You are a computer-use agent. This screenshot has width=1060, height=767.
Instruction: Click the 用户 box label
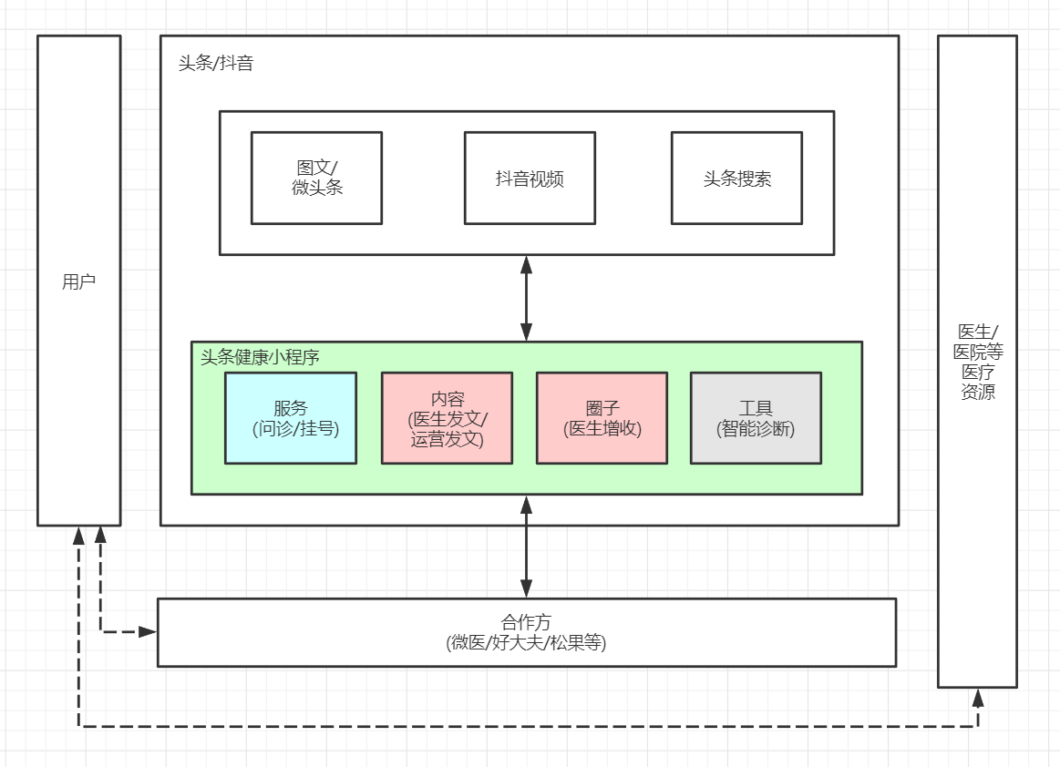coord(78,282)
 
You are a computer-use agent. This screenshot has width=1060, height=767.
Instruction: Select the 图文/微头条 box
coord(316,178)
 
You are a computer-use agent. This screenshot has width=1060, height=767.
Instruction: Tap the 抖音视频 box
coord(530,179)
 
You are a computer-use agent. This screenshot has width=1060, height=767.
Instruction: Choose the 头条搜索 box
coord(736,179)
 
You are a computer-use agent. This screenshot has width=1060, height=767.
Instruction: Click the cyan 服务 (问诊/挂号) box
coord(291,418)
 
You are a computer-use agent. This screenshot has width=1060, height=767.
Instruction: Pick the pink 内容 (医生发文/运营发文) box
coord(447,418)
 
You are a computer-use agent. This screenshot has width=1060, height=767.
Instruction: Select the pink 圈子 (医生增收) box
coord(602,418)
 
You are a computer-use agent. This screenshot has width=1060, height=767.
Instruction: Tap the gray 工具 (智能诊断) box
coord(756,418)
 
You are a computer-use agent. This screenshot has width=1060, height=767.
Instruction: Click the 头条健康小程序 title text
coord(260,357)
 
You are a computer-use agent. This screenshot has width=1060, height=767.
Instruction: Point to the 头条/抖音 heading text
coord(216,64)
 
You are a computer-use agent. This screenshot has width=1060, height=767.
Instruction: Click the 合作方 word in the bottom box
coord(527,622)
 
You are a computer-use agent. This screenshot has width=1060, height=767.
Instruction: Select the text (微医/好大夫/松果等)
coord(527,643)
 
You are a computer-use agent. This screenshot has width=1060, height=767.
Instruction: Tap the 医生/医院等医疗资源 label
coord(977,362)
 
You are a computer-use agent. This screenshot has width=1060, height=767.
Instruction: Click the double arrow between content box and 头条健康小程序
coord(526,299)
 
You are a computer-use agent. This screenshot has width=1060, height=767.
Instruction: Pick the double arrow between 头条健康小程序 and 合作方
coord(526,547)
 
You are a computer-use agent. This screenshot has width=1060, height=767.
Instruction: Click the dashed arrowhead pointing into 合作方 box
coord(148,631)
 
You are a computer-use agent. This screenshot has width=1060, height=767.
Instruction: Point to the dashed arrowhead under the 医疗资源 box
coord(978,698)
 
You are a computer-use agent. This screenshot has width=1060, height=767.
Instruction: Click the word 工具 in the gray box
coord(756,409)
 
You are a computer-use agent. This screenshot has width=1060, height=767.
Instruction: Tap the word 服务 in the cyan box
coord(291,409)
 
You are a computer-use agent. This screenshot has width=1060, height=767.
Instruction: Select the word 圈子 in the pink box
coord(602,409)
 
